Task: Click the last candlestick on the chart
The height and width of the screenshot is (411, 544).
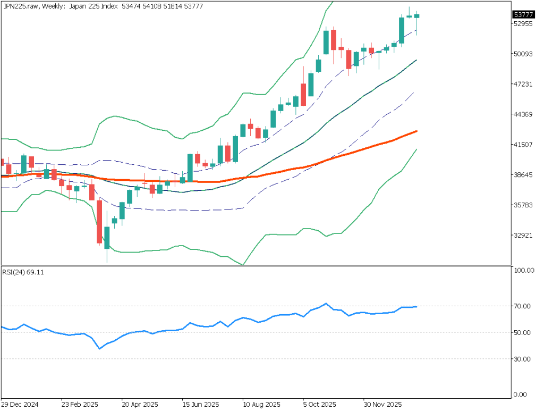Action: point(417,16)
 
